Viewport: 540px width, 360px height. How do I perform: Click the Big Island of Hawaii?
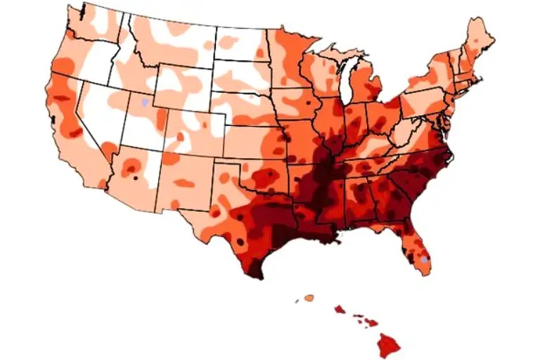coord(387,345)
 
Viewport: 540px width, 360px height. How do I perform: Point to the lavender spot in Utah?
coord(145,103)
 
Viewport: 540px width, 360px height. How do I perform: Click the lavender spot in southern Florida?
coord(424,260)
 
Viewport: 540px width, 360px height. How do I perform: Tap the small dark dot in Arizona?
coord(135,179)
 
